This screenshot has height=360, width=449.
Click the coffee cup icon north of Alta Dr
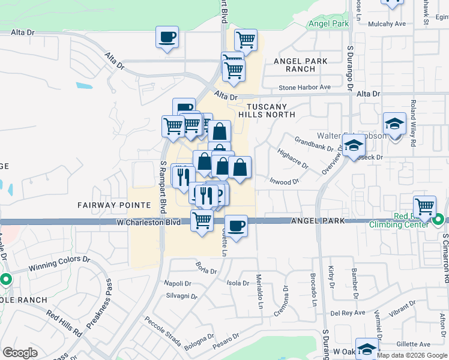tap(167, 38)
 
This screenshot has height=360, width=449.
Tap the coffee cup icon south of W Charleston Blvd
tap(236, 226)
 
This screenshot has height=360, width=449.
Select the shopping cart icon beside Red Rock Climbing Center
tap(424, 206)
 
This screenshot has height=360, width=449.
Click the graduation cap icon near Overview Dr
tap(354, 145)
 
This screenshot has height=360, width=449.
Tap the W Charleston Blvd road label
tap(148, 222)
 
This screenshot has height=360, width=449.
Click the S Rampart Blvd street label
tap(163, 187)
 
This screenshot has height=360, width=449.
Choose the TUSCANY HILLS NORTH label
tap(267, 109)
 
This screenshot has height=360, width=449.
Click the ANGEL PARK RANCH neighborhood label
tap(300, 65)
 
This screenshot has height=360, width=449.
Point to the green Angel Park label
tap(328, 24)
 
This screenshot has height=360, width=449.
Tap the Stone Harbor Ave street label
tap(304, 88)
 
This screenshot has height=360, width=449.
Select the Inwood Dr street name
tap(284, 181)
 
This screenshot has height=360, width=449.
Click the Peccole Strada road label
tap(162, 332)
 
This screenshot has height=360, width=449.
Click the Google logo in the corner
tap(20, 353)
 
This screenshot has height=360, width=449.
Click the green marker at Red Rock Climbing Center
tap(438, 220)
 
